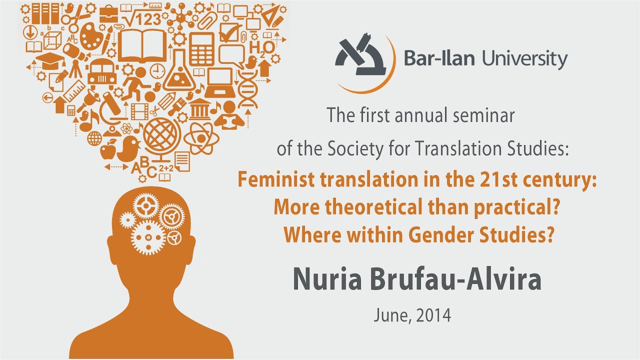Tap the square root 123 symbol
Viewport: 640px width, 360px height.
142,19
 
